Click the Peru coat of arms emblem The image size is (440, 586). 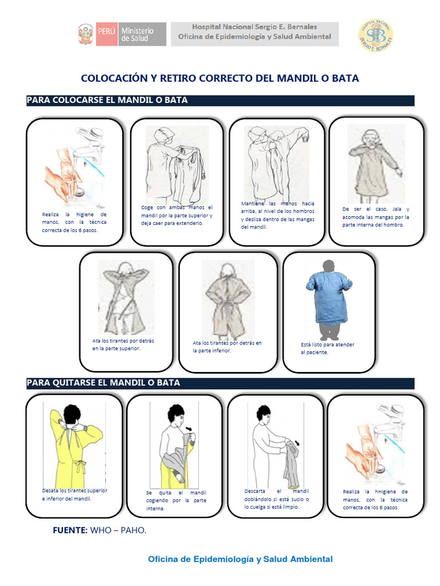pos(85,34)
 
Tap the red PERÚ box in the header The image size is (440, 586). pos(107,34)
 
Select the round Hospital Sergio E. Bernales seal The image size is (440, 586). pos(376,35)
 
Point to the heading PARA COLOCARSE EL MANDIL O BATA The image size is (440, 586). pos(107,100)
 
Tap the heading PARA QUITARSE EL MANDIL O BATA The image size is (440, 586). pos(104,383)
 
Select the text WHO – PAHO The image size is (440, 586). pos(118,530)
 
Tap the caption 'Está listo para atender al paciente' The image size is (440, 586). pos(327,349)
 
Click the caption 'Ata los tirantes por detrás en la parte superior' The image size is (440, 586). pos(123,345)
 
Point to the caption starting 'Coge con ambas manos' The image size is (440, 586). pos(176,215)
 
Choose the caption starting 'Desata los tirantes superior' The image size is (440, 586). pos(74,494)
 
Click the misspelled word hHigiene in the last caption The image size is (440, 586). pos(386,492)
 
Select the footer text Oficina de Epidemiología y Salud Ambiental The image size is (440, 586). pos(240,560)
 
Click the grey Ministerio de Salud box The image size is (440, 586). pos(142,34)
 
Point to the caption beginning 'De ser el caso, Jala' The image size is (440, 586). pos(376,217)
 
